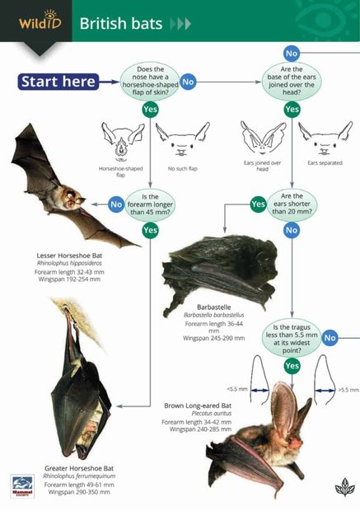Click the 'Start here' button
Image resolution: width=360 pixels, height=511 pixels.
[58, 81]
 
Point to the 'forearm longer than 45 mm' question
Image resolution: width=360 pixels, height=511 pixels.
[150, 203]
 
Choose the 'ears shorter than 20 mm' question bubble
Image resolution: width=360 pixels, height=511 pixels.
[292, 203]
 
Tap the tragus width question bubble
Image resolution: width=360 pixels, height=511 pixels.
[292, 336]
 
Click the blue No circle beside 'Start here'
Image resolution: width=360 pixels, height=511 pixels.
[188, 81]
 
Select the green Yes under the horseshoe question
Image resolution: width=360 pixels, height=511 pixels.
[150, 109]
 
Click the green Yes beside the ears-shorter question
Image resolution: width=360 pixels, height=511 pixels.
[258, 203]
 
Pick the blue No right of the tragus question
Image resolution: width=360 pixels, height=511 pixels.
[330, 337]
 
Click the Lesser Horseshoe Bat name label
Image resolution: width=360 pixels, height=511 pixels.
[69, 255]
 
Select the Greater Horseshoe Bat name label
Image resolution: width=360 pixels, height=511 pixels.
[79, 468]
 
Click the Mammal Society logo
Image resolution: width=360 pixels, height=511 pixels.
[22, 485]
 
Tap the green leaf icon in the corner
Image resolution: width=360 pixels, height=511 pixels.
[344, 486]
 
